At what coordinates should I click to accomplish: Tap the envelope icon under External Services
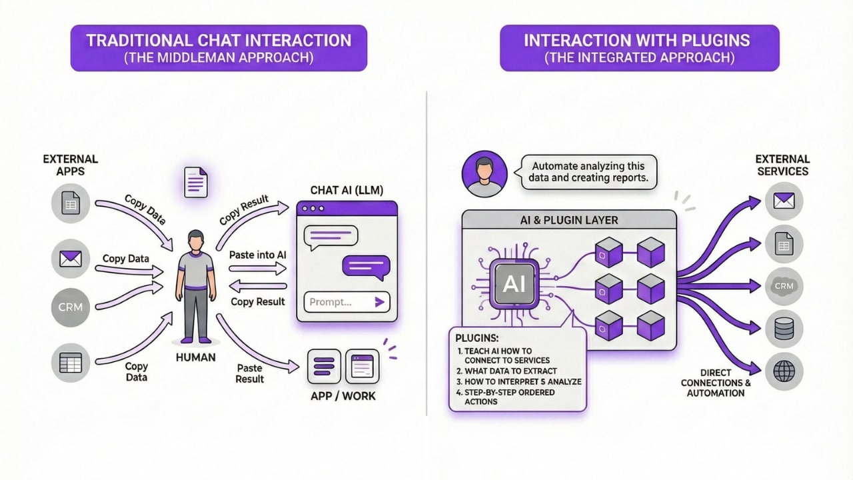(x=784, y=200)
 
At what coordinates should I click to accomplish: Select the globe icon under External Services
(x=784, y=371)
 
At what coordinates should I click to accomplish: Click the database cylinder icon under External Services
(x=784, y=329)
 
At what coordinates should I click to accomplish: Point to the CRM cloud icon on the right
(x=784, y=286)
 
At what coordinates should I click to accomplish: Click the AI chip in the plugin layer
(x=514, y=285)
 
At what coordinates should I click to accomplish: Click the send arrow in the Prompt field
(x=380, y=302)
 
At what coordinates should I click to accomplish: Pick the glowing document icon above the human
(x=195, y=181)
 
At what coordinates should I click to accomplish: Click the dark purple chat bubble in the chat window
(x=365, y=266)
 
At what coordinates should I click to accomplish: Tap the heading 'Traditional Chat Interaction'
(x=219, y=40)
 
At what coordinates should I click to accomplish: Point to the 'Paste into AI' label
(x=257, y=255)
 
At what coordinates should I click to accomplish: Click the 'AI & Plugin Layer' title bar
(x=568, y=221)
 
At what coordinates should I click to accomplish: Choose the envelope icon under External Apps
(x=70, y=258)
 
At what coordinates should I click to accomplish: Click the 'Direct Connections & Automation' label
(x=716, y=383)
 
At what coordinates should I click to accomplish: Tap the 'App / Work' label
(x=343, y=396)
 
